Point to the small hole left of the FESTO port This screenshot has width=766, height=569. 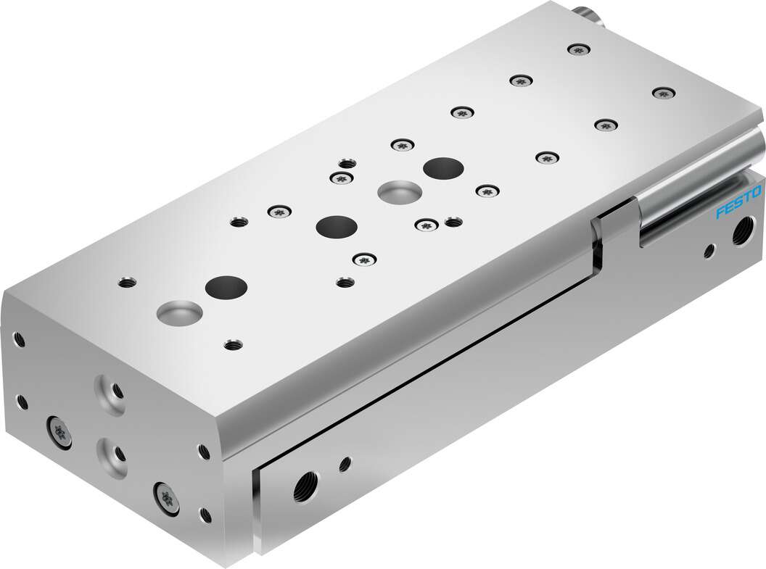[x=709, y=251]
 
